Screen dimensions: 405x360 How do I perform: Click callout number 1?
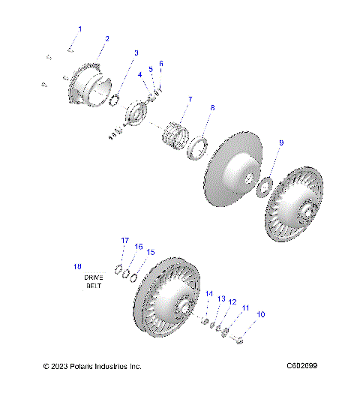pos(80,28)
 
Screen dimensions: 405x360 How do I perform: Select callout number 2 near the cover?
pos(106,38)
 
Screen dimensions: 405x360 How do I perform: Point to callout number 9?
pos(280,142)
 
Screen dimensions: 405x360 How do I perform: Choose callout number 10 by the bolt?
pos(261,314)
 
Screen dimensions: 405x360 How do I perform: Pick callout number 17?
pos(125,240)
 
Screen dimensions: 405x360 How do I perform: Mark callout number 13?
pos(221,298)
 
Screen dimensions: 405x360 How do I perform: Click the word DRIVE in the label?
pos(93,277)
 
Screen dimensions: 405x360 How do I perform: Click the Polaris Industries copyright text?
pos(92,366)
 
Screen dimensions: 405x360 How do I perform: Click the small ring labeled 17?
pos(118,268)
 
